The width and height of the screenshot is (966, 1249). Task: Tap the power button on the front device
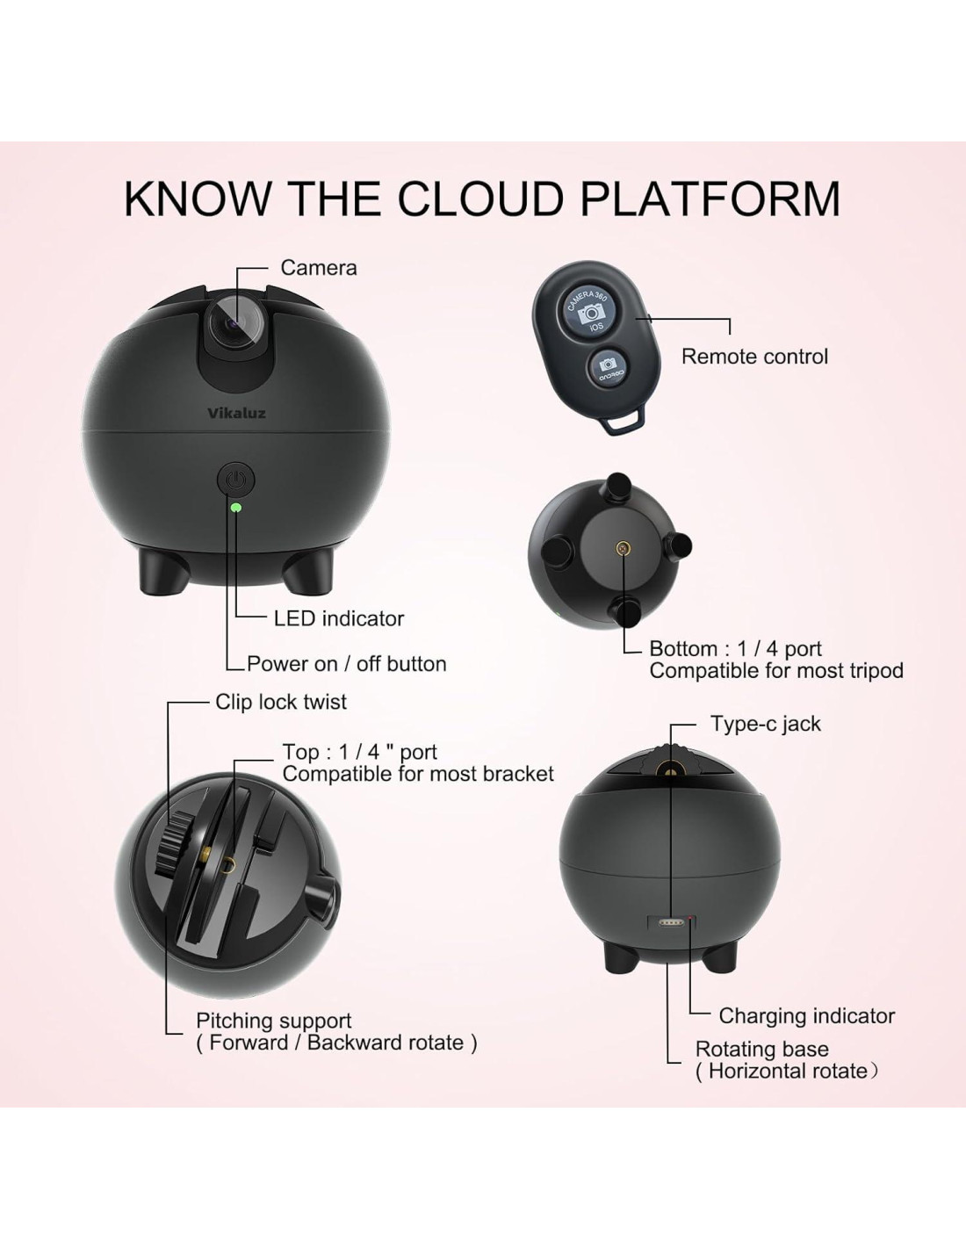point(235,480)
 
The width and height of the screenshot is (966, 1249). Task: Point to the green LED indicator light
point(235,507)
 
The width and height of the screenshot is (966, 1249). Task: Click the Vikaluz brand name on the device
point(236,413)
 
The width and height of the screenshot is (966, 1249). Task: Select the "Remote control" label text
point(754,357)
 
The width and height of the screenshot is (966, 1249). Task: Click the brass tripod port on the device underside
point(624,549)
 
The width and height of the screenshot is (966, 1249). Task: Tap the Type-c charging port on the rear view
point(671,922)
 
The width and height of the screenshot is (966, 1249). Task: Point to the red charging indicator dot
point(691,920)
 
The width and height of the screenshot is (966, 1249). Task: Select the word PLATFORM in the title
point(710,199)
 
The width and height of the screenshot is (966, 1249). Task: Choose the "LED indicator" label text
point(338,618)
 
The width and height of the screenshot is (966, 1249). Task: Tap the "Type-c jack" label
point(765,724)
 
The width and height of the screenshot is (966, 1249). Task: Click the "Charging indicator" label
point(806,1016)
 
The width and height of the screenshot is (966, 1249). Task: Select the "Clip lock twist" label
point(280,702)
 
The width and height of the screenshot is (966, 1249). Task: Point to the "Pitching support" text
point(273,1021)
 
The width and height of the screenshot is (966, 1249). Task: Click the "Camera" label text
point(318,268)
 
